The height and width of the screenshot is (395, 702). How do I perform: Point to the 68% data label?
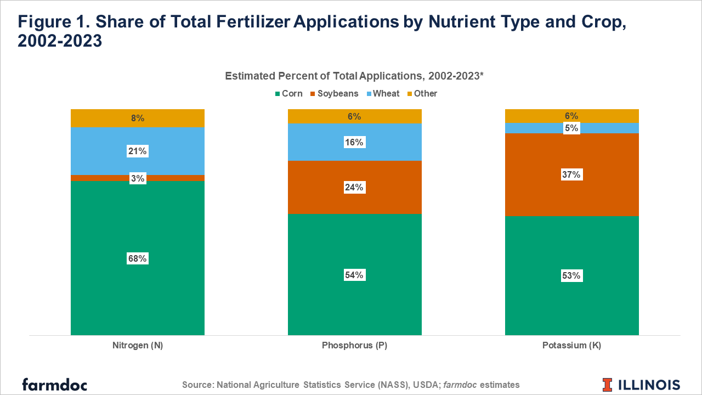pyautogui.click(x=137, y=258)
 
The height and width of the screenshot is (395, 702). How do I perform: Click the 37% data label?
pyautogui.click(x=571, y=175)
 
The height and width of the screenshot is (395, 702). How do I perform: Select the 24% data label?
pyautogui.click(x=354, y=187)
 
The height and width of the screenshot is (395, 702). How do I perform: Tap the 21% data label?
pyautogui.click(x=137, y=151)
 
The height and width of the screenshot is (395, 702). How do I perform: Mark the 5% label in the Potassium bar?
pyautogui.click(x=571, y=128)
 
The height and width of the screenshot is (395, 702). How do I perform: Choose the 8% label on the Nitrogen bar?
pyautogui.click(x=137, y=118)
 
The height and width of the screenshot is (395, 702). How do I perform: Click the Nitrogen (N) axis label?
pyautogui.click(x=138, y=346)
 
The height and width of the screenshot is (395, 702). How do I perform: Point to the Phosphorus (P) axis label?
pyautogui.click(x=354, y=346)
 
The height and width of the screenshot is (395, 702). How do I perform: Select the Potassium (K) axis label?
pyautogui.click(x=571, y=346)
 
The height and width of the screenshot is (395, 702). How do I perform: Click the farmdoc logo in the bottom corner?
pyautogui.click(x=54, y=384)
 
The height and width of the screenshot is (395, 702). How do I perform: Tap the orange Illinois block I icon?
pyautogui.click(x=607, y=385)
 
